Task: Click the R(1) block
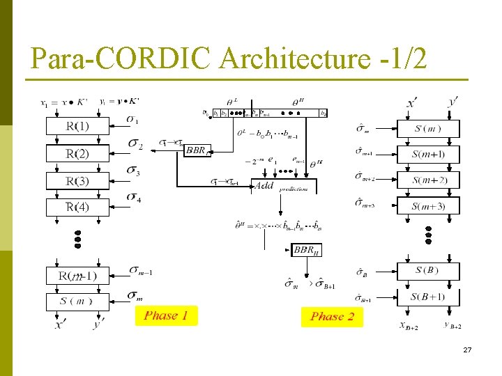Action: click(x=77, y=126)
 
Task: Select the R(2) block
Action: click(x=77, y=153)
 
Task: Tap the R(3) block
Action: click(x=77, y=181)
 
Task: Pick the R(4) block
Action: click(x=77, y=207)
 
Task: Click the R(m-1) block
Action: click(x=77, y=276)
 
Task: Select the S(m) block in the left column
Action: click(x=77, y=301)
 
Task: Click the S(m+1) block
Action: click(x=428, y=155)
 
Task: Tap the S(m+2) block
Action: click(x=428, y=180)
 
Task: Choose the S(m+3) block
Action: click(x=428, y=206)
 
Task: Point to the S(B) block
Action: click(x=428, y=271)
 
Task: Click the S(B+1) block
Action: click(x=428, y=297)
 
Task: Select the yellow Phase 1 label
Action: click(x=166, y=315)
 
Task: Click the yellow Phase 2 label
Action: click(x=332, y=317)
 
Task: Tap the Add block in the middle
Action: click(x=265, y=185)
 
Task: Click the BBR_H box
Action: click(x=307, y=250)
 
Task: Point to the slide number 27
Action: click(x=467, y=350)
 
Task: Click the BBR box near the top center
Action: click(x=197, y=149)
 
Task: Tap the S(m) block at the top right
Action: click(x=428, y=129)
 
